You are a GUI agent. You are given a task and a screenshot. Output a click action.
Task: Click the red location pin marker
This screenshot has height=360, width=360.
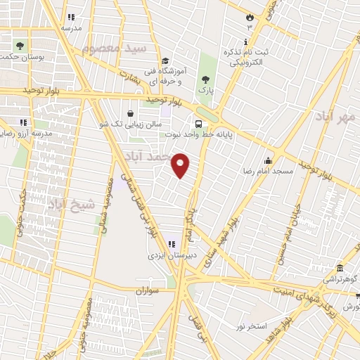click(x=181, y=165)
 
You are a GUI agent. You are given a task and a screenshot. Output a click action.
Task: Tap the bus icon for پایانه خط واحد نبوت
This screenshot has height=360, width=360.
click(x=198, y=123)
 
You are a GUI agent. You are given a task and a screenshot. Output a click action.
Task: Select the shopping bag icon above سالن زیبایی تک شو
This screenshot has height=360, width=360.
click(x=131, y=112)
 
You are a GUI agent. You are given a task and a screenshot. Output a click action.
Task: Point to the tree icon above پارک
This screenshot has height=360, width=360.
click(x=205, y=79)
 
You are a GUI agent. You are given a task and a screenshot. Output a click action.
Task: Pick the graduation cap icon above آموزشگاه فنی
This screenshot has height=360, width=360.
click(x=165, y=61)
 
